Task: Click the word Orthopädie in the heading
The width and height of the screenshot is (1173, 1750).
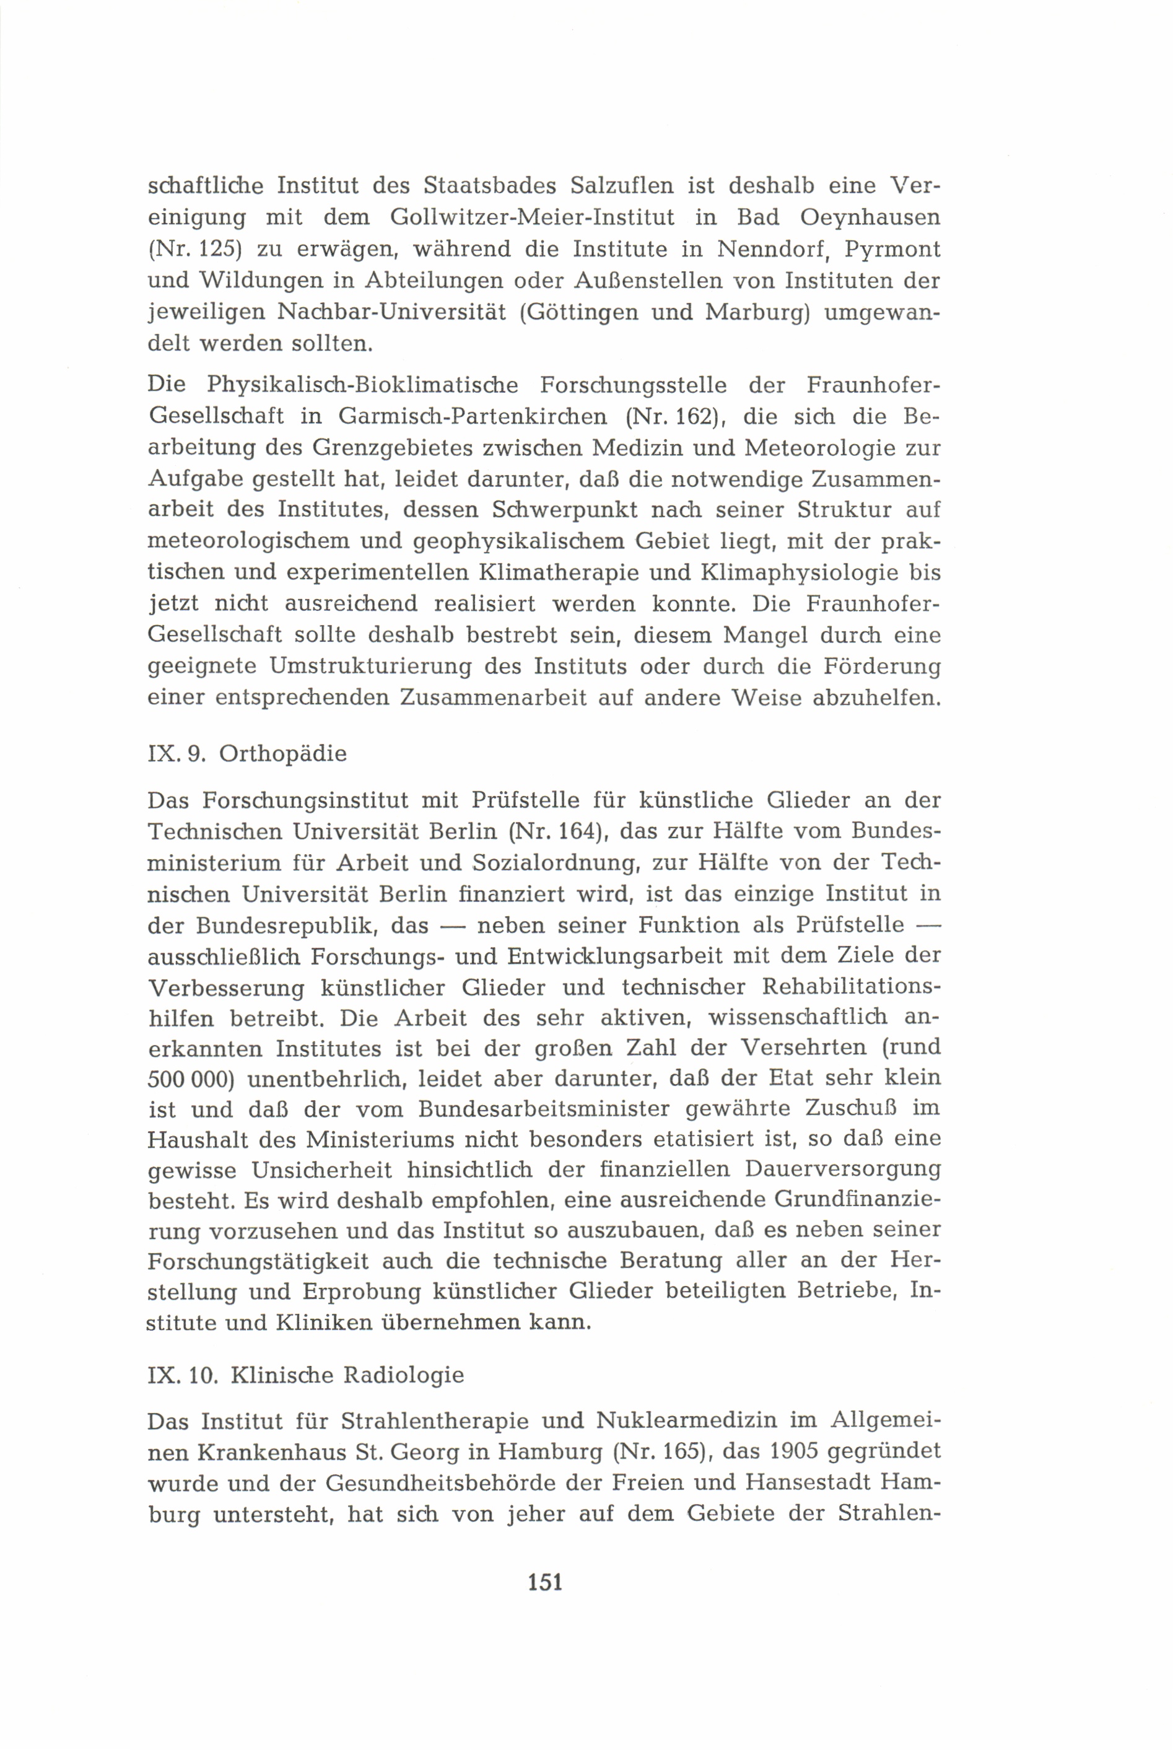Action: [x=283, y=754]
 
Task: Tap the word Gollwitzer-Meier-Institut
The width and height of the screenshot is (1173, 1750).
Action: [x=532, y=217]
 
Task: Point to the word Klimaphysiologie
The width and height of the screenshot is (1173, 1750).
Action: [x=798, y=573]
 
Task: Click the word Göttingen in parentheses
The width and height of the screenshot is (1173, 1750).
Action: [x=580, y=313]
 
